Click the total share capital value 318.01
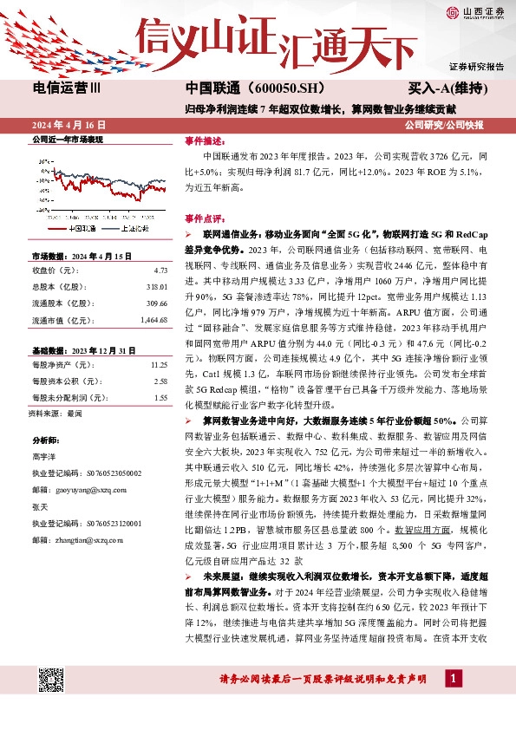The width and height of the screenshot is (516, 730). coord(156,287)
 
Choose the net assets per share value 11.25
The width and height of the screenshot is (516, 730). coord(158,365)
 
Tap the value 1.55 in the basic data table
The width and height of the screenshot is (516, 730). coord(160,398)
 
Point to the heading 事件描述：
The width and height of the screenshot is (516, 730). coord(205,140)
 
